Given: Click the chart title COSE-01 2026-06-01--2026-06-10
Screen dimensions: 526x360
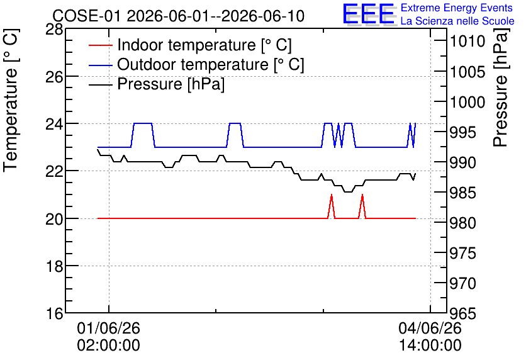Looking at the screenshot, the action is pos(179,16).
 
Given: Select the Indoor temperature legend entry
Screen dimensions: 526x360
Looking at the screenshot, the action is pos(190,45).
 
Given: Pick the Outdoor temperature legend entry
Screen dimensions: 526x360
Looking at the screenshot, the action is pos(196,64).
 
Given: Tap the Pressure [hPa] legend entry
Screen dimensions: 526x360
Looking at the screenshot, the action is pos(157,84).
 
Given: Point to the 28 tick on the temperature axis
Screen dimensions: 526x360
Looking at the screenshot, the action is pos(54,30).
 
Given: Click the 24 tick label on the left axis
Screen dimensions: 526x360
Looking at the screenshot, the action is pos(54,124).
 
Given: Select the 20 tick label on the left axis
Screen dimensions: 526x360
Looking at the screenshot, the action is pos(54,219).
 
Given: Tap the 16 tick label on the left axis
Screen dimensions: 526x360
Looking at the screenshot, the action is pos(54,313).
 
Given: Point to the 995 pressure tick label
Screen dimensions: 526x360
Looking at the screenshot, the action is pos(462,133).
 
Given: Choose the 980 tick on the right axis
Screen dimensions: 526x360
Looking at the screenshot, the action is pos(462,223).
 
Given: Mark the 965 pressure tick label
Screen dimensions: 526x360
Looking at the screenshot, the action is pos(462,313).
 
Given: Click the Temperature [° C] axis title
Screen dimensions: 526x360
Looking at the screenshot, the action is pos(11,101).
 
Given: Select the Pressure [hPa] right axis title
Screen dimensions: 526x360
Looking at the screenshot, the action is pos(500,87).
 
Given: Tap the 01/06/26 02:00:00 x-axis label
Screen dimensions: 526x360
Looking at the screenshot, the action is pos(108,337).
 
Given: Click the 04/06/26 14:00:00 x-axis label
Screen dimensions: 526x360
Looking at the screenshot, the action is pos(430,337).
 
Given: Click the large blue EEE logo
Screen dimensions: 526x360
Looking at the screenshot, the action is pos(368,14).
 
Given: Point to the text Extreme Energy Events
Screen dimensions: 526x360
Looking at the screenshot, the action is pos(457,8).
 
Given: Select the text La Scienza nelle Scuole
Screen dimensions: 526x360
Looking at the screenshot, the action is pos(457,21).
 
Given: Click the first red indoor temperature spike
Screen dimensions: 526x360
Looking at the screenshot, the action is pos(332,195).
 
